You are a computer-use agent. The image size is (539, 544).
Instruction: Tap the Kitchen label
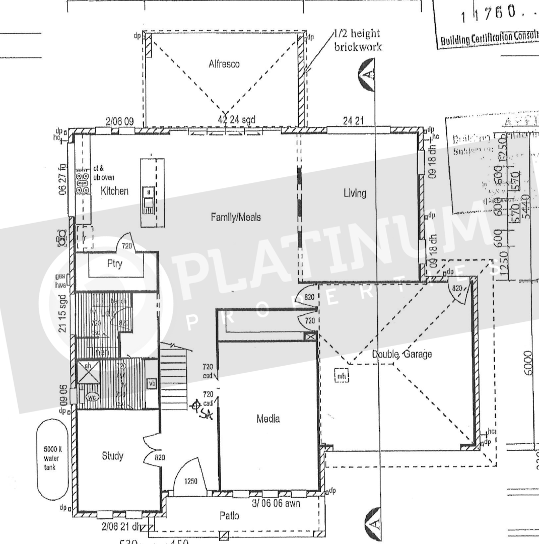pyautogui.click(x=115, y=191)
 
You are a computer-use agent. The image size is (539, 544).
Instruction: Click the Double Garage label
pyautogui.click(x=394, y=355)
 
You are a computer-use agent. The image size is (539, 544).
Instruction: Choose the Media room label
pyautogui.click(x=267, y=419)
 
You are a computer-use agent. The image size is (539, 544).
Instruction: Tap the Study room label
pyautogui.click(x=112, y=456)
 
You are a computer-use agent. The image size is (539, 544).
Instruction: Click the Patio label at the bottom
pyautogui.click(x=229, y=516)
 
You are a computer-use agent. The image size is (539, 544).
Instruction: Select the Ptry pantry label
pyautogui.click(x=114, y=264)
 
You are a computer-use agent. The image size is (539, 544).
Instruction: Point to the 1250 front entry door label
pyautogui.click(x=191, y=481)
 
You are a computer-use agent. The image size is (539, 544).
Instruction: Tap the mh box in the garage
pyautogui.click(x=341, y=376)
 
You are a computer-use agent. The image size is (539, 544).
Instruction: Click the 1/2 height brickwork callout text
pyautogui.click(x=358, y=40)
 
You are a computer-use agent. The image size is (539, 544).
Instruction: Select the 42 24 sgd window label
pyautogui.click(x=237, y=120)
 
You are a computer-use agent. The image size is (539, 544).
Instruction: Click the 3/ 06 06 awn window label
pyautogui.click(x=275, y=503)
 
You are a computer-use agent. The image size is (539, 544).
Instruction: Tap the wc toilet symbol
pyautogui.click(x=92, y=397)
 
